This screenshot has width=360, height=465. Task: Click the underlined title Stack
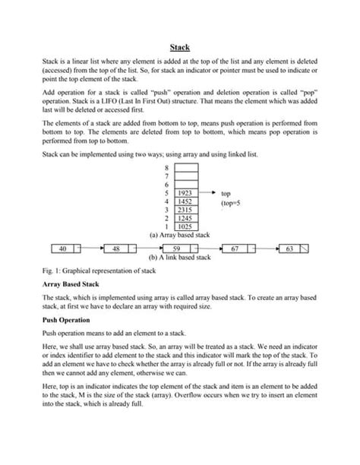click(179, 47)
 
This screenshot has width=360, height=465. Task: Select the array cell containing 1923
click(185, 194)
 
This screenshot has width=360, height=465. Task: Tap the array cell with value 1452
click(185, 201)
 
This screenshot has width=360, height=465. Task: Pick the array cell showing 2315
click(185, 210)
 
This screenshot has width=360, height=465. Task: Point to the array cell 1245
click(185, 218)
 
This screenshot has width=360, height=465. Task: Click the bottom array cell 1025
click(185, 226)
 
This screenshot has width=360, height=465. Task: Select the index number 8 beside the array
click(167, 167)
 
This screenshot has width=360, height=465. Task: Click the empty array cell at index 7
click(185, 176)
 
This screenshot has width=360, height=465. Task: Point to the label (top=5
click(230, 204)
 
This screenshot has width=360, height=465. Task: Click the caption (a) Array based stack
click(179, 236)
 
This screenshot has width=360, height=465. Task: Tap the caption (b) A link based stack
click(179, 258)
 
